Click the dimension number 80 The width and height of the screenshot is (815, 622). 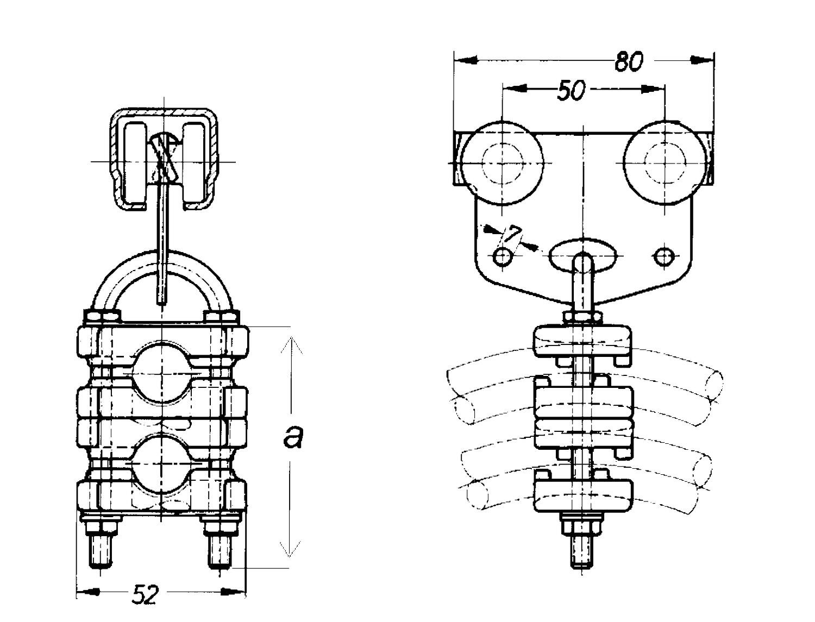[628, 61]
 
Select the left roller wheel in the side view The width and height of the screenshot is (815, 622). [502, 163]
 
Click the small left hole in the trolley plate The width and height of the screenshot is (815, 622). [502, 256]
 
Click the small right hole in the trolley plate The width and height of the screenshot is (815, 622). [664, 256]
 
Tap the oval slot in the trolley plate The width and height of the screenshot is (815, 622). [583, 255]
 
